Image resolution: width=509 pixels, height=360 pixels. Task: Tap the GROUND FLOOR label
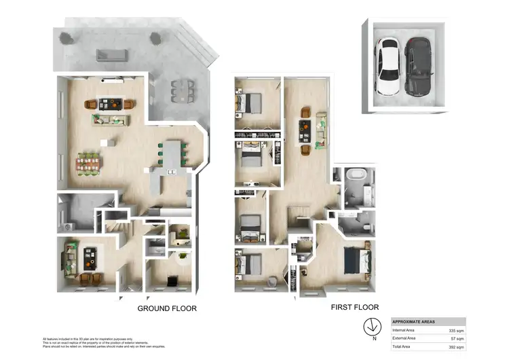click(x=167, y=308)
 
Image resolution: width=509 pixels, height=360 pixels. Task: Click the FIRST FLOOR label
click(x=354, y=307)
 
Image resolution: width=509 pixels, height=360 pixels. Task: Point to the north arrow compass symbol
click(x=371, y=325)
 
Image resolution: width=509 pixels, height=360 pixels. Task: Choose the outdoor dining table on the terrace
click(x=181, y=91)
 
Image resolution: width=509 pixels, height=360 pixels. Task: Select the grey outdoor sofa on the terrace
click(x=111, y=55)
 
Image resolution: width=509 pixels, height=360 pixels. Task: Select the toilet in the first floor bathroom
click(x=364, y=223)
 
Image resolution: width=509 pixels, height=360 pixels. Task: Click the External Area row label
click(x=404, y=338)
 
